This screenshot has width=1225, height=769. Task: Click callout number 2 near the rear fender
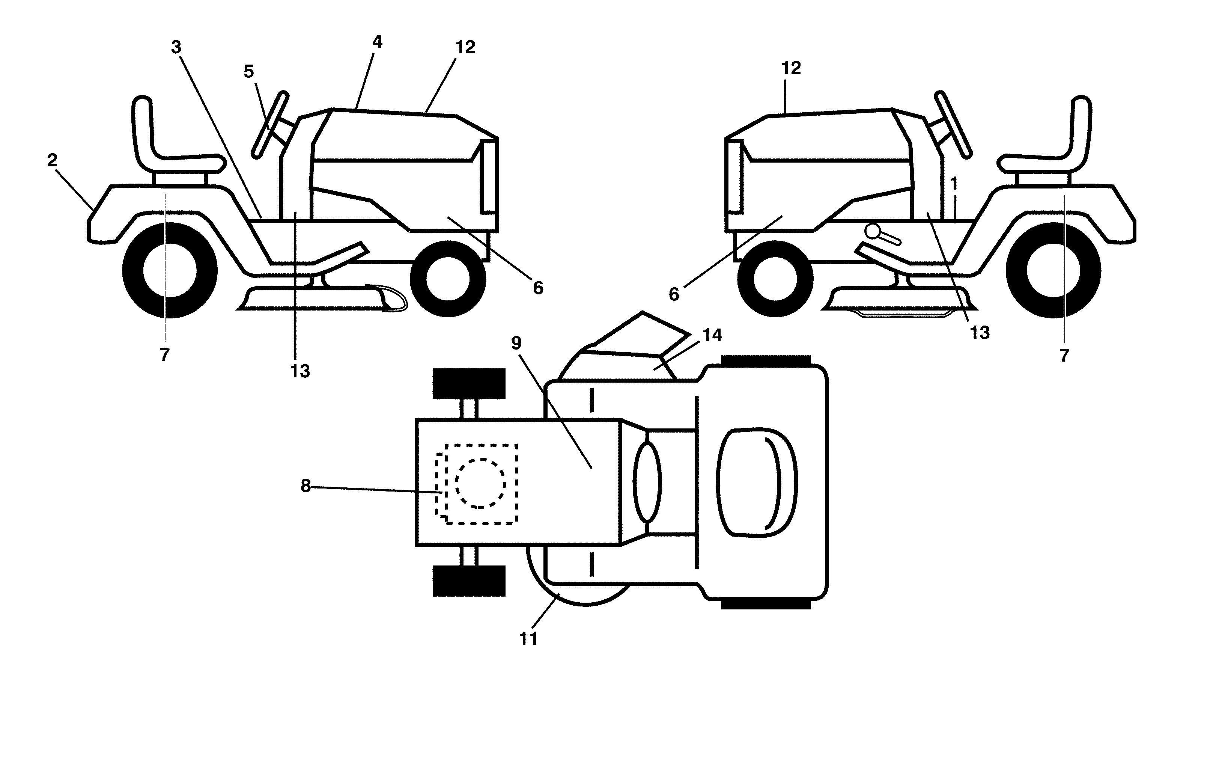(52, 161)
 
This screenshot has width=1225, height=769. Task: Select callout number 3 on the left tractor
(176, 47)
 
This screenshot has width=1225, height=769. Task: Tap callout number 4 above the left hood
(377, 42)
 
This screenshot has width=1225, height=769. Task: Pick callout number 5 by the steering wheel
(248, 72)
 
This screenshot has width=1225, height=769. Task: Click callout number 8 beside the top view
(305, 486)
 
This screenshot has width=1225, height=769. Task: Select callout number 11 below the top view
(528, 639)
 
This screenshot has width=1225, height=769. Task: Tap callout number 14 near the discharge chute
(712, 335)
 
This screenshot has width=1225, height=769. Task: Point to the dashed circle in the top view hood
(480, 483)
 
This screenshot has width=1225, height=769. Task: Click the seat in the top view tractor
(756, 482)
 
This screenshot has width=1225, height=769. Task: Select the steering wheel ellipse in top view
(647, 482)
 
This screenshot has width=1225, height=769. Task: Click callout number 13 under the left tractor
(300, 371)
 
